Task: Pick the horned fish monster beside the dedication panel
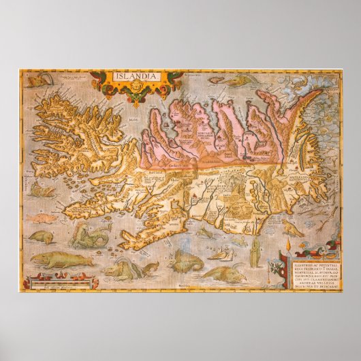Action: tap(225, 273)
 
